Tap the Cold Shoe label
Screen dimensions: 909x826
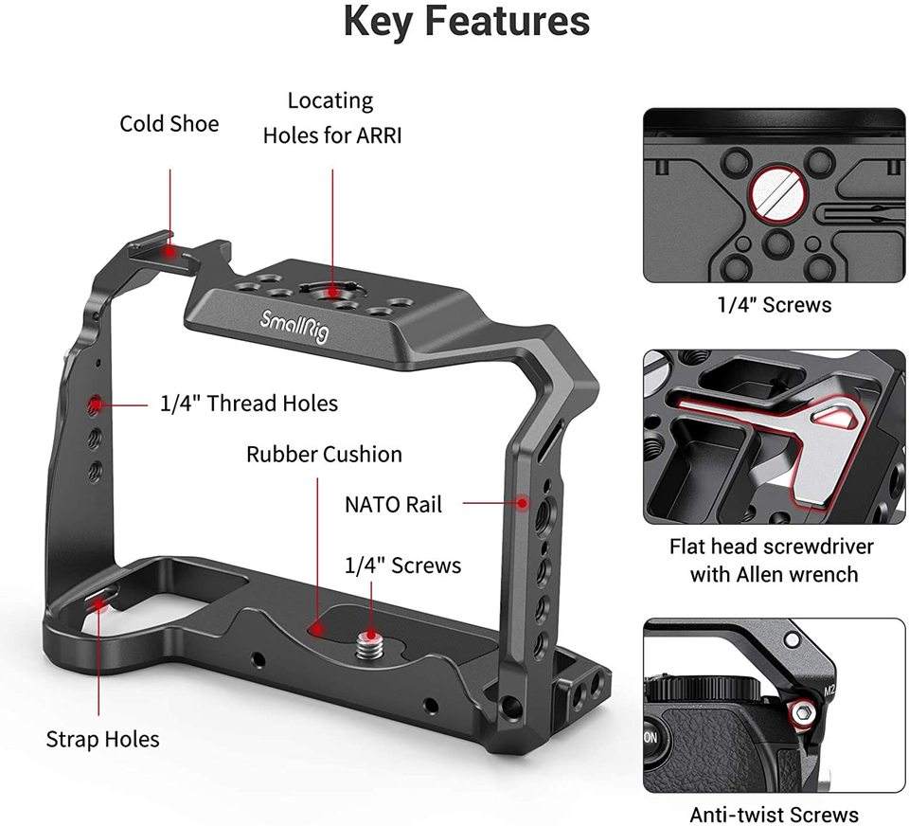click(x=169, y=124)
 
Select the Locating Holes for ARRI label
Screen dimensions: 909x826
click(x=331, y=117)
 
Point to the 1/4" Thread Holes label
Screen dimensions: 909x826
click(x=249, y=404)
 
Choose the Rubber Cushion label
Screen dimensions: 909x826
click(x=324, y=455)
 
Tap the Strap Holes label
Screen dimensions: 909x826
click(x=102, y=739)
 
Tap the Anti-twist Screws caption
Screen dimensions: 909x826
click(x=774, y=815)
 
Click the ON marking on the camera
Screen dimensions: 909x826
click(x=652, y=737)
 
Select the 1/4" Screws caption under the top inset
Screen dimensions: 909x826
click(x=774, y=305)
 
